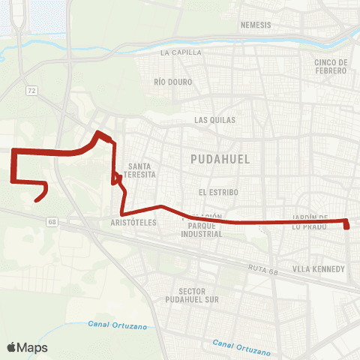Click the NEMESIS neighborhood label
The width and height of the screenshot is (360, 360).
(x=255, y=25)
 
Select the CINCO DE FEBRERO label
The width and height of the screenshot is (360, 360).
(x=331, y=66)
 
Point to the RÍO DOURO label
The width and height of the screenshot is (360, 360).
(x=172, y=81)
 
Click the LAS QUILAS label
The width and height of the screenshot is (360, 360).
(x=214, y=119)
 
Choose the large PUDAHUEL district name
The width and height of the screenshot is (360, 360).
(x=220, y=159)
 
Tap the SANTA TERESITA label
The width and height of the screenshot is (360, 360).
(x=141, y=169)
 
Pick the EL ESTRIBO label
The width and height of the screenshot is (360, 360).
(x=218, y=192)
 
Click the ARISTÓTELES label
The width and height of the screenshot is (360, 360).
(x=133, y=223)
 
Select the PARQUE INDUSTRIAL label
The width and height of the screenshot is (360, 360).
(x=202, y=229)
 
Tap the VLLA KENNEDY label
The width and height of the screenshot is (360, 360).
(x=319, y=268)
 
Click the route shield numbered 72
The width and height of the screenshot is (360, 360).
(x=31, y=90)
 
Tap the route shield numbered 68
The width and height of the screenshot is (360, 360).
(x=51, y=221)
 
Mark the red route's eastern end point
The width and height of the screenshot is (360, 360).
(x=347, y=227)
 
